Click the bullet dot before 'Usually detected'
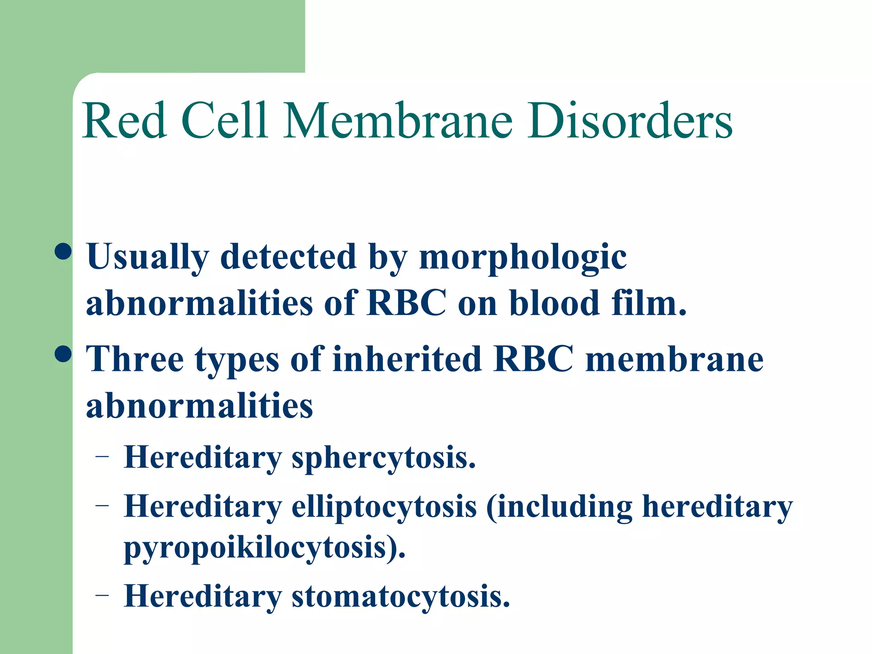(x=63, y=251)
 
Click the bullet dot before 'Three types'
(x=63, y=353)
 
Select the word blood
(x=554, y=303)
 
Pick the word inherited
(x=407, y=360)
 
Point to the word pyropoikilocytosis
(x=264, y=548)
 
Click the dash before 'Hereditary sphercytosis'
(x=102, y=457)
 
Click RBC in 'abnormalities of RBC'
(x=407, y=303)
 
